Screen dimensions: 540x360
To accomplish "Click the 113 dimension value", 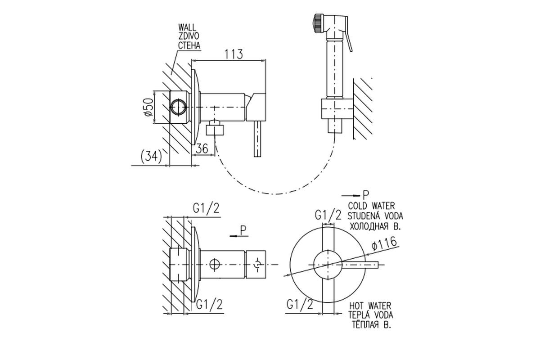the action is tap(234, 54).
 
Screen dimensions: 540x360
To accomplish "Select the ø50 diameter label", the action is tap(149, 107).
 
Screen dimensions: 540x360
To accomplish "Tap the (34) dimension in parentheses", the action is tap(151, 157).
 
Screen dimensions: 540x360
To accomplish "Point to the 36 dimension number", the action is tap(202, 148).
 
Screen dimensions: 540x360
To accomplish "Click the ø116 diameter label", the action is tap(384, 244).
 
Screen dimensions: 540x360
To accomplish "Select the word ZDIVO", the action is tap(189, 36).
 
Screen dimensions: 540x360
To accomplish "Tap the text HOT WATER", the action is tap(370, 306).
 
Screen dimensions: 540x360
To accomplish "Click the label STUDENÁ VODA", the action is tap(375, 216).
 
